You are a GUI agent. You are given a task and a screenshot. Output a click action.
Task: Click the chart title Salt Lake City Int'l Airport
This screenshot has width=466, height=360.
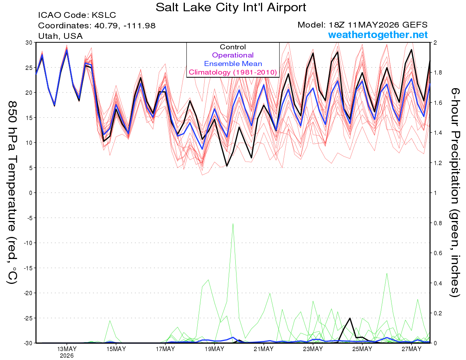click(231, 7)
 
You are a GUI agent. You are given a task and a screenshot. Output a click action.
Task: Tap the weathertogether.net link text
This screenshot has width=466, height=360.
click(377, 35)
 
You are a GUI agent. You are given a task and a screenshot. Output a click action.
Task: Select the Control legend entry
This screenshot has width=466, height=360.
click(233, 47)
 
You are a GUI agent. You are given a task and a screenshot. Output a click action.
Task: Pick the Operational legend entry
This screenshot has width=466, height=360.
click(233, 55)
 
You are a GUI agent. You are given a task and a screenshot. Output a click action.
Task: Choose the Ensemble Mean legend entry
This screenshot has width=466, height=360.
click(233, 64)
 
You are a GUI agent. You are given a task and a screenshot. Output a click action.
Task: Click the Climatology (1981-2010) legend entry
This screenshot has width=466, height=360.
click(233, 72)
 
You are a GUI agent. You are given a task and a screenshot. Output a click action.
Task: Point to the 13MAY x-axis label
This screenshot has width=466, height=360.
click(67, 349)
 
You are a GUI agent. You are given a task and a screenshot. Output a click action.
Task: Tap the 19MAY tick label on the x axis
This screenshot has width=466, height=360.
click(214, 349)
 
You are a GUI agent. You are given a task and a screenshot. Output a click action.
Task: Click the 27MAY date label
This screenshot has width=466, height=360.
click(411, 349)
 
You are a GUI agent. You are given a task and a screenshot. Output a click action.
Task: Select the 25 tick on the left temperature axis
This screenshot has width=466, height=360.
click(29, 68)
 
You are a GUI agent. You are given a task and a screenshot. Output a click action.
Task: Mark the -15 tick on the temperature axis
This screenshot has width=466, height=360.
click(28, 268)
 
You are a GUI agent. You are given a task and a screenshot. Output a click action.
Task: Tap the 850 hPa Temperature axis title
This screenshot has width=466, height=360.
click(12, 192)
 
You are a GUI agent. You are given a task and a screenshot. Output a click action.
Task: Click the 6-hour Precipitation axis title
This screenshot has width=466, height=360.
click(455, 192)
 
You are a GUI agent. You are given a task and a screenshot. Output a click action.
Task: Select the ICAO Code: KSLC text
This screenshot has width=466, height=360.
click(77, 15)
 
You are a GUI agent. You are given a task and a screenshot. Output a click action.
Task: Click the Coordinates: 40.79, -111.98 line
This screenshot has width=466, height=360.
click(97, 26)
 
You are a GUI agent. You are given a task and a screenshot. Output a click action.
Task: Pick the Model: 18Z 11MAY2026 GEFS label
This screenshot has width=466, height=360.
click(362, 25)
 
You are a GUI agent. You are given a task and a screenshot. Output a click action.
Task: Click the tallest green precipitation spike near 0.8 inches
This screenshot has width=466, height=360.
click(233, 224)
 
